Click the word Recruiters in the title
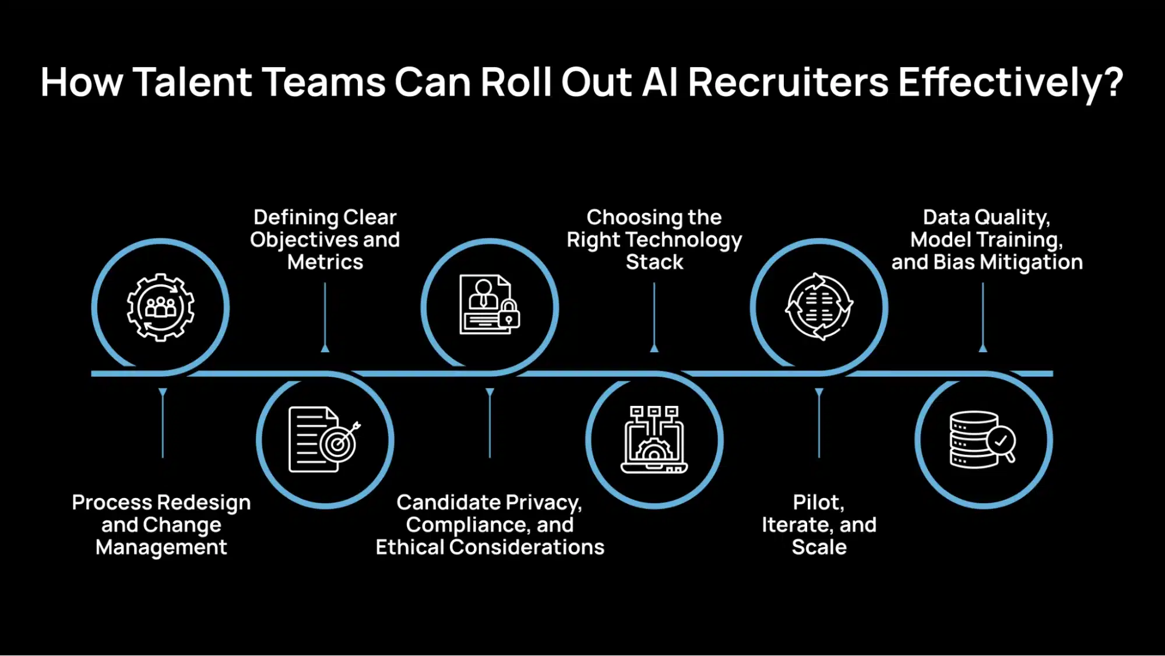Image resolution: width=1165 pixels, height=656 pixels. pyautogui.click(x=788, y=82)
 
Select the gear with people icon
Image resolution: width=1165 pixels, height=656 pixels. pyautogui.click(x=161, y=307)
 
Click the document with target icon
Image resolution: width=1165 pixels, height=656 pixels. pyautogui.click(x=324, y=440)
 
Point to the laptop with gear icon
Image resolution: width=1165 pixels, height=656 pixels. pyautogui.click(x=654, y=440)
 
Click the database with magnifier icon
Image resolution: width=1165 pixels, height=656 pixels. pyautogui.click(x=983, y=440)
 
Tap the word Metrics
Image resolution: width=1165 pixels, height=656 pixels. pyautogui.click(x=325, y=262)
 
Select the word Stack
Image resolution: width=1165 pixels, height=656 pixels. pyautogui.click(x=654, y=262)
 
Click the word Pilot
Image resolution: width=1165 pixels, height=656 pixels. pyautogui.click(x=818, y=503)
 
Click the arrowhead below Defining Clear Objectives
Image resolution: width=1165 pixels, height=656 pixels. pyautogui.click(x=325, y=348)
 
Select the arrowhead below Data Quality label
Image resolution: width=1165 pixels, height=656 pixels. pyautogui.click(x=983, y=348)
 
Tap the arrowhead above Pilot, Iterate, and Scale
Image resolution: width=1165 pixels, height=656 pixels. pyautogui.click(x=819, y=392)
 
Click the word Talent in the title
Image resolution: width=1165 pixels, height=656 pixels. pyautogui.click(x=193, y=82)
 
